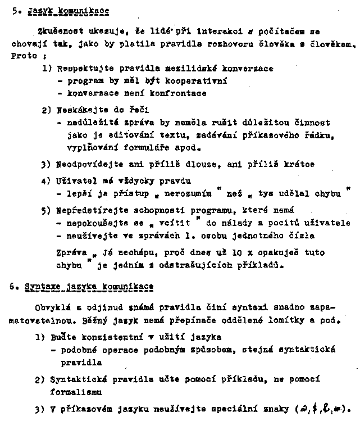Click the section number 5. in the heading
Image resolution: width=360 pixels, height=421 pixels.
tap(16, 11)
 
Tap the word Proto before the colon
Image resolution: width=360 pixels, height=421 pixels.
tap(24, 56)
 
